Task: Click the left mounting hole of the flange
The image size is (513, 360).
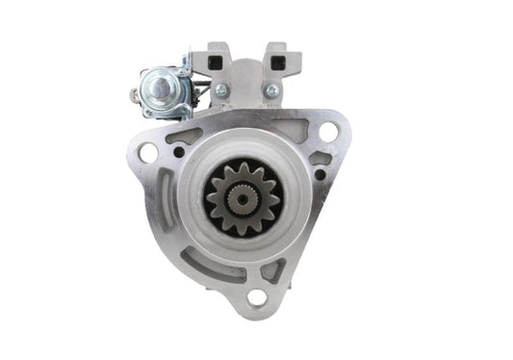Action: coord(147,152)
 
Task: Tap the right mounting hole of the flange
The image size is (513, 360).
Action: coord(328,132)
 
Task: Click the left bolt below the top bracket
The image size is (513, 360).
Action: coord(221,90)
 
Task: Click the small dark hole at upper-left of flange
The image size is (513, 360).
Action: coord(179,152)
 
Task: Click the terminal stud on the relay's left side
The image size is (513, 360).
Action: coord(134,94)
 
